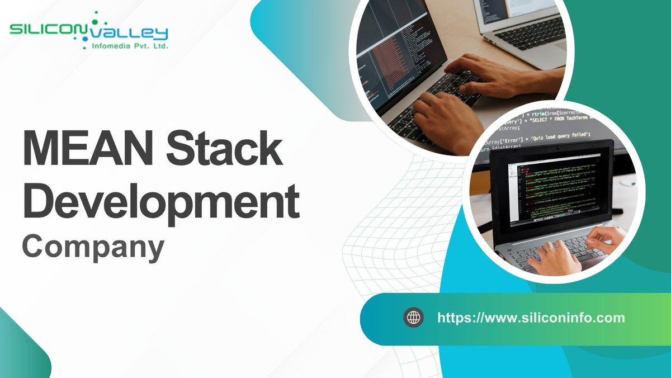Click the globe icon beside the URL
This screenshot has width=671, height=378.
[x=414, y=318]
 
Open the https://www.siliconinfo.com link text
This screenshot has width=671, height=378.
[x=531, y=318]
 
